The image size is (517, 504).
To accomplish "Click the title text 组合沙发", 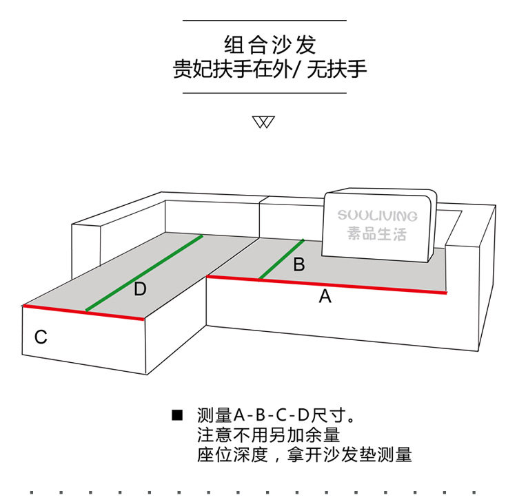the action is coord(270,45).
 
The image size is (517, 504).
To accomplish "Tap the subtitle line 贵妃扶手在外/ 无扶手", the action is coord(270,70).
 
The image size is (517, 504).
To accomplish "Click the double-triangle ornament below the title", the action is coord(263,123).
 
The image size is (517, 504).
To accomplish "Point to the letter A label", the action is coord(325,297).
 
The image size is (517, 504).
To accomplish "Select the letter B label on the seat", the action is coord(298,264).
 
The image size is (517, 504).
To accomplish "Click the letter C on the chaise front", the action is coord(41,337).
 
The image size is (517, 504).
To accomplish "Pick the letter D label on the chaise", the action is coord(140,289).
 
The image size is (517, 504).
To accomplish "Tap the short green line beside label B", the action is coord(281,260).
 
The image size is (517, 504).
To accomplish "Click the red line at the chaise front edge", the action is coord(83,312).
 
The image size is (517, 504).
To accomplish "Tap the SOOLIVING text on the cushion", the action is coord(378,216).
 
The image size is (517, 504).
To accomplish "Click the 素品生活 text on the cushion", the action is coord(377,234).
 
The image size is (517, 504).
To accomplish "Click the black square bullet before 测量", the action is coord(177,415).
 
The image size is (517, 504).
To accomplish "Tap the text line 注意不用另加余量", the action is coord(268,435).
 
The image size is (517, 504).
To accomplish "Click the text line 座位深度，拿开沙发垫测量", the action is coord(304,455).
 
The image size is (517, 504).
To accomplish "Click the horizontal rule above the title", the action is coord(264,21).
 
